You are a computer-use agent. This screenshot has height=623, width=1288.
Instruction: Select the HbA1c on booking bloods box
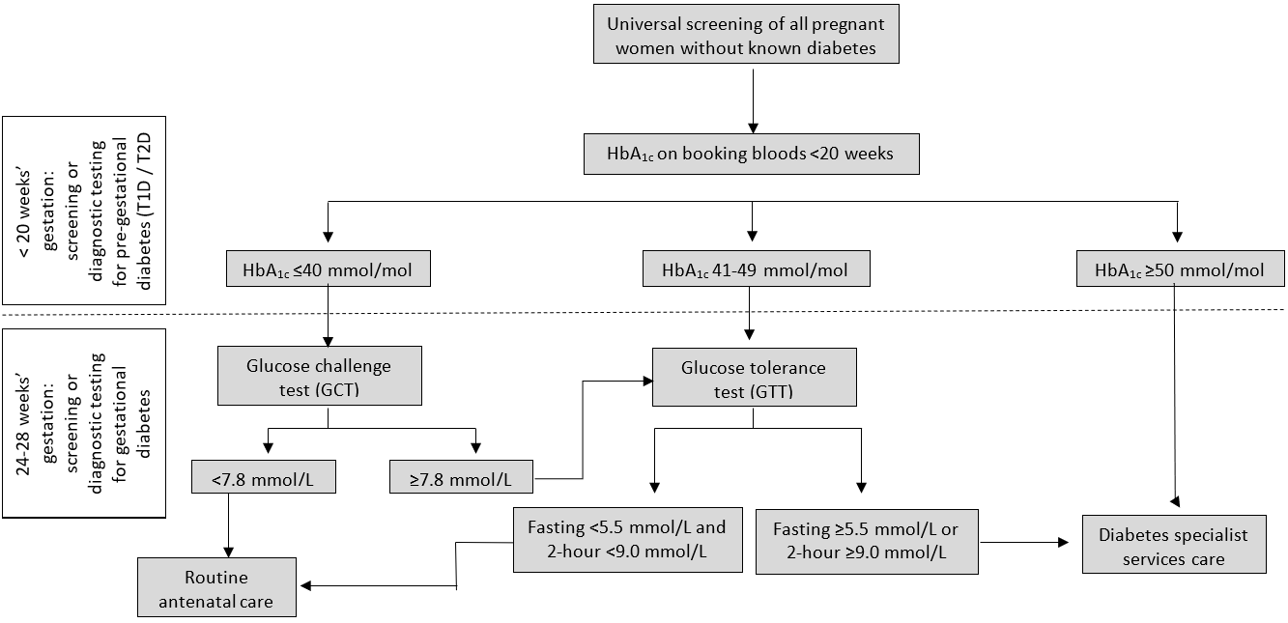click(752, 155)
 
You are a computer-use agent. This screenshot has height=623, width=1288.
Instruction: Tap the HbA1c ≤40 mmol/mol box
click(329, 270)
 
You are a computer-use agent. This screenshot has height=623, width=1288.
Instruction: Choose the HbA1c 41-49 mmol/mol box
click(756, 270)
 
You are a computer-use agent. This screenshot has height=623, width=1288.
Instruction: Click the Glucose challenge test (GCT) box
click(320, 376)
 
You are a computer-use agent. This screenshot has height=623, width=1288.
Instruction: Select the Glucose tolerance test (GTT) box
click(754, 379)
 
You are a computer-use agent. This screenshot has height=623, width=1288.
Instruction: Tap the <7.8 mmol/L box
click(264, 477)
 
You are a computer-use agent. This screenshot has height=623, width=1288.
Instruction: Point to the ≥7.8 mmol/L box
click(461, 477)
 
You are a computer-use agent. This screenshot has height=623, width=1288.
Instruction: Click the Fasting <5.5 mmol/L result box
click(626, 540)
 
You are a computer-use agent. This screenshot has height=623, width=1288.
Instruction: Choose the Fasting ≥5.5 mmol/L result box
click(866, 542)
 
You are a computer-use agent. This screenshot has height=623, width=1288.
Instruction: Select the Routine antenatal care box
click(216, 589)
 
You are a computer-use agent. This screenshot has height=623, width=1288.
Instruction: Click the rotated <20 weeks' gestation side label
click(82, 211)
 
